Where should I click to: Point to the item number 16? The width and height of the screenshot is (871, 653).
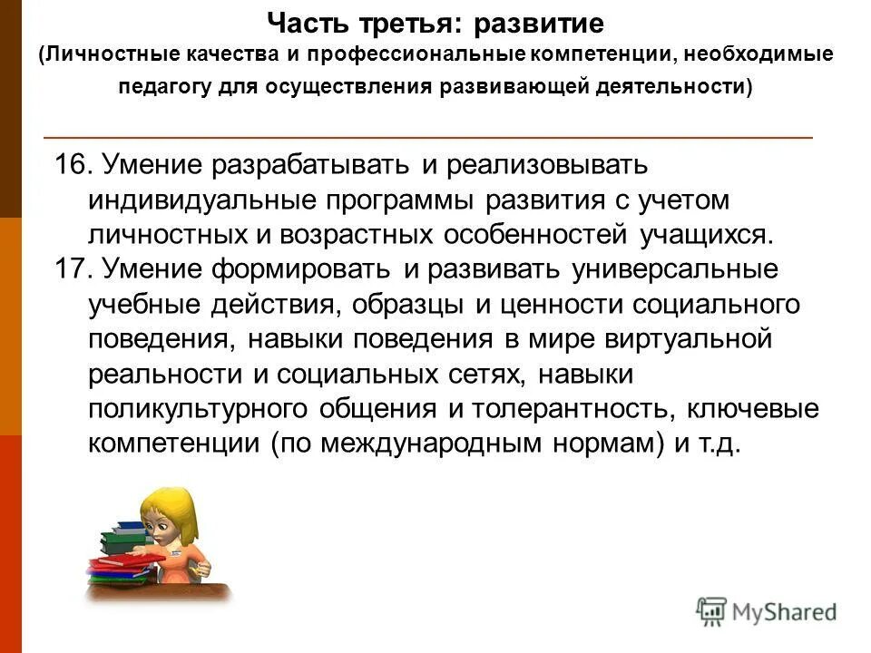(72, 166)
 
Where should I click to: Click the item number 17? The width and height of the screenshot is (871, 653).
(72, 269)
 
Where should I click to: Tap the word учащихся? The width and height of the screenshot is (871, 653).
(706, 234)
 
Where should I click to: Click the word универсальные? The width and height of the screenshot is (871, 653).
(675, 269)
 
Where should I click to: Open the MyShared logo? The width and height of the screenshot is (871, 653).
(767, 611)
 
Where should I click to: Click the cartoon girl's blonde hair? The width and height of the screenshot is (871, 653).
(177, 508)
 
